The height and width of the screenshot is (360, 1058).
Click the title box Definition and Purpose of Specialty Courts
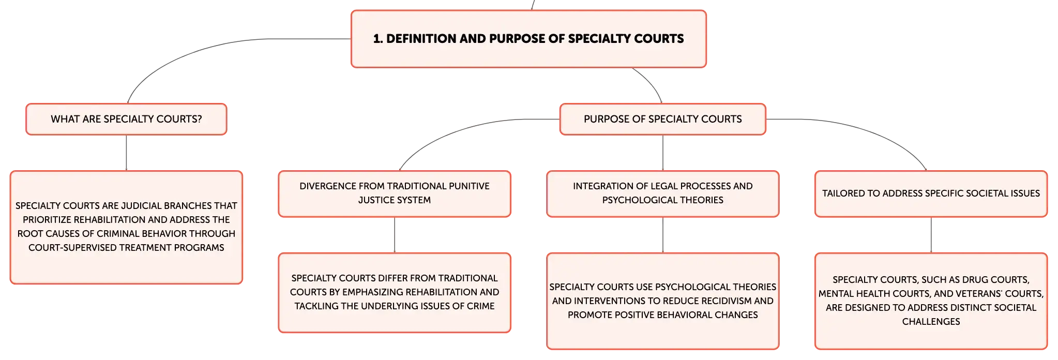pos(528,39)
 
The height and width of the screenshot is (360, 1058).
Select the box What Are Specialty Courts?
pos(126,119)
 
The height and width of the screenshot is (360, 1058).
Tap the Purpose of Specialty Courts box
pos(662,119)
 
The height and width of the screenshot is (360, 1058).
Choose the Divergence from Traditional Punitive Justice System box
pos(395,193)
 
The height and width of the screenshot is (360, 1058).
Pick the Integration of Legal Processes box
pos(662,193)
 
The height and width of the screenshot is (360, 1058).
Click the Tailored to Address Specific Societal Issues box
pos(931,193)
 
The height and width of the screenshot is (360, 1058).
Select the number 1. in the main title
pos(378,39)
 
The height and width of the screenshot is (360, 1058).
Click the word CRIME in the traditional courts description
pos(480,306)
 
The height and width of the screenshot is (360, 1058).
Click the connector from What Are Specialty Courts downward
pos(126,153)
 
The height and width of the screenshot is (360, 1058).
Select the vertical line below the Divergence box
pos(395,235)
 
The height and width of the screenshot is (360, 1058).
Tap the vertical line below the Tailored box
pos(931,235)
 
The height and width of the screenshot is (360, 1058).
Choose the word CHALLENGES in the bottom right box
pos(931,322)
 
